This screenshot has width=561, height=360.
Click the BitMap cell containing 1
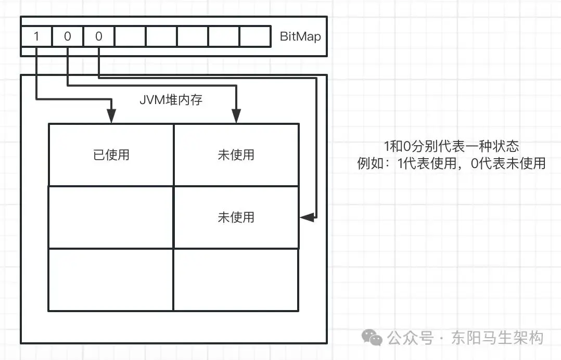click(36, 37)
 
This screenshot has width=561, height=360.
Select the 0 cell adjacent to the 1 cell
click(68, 37)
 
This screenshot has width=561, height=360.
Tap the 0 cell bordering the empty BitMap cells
click(99, 37)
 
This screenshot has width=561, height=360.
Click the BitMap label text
click(300, 37)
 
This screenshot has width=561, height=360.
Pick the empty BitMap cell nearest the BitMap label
click(256, 37)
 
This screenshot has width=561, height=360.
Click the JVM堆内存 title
click(171, 100)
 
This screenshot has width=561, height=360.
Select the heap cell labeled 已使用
click(111, 155)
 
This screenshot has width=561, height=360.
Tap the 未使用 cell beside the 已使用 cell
click(236, 155)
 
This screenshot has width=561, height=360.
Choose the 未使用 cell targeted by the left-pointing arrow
click(236, 217)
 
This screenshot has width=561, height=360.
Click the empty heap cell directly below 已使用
click(111, 217)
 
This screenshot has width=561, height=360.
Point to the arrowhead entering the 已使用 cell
click(111, 118)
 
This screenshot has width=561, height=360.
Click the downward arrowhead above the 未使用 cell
click(236, 118)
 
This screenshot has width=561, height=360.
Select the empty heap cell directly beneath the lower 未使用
click(236, 279)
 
